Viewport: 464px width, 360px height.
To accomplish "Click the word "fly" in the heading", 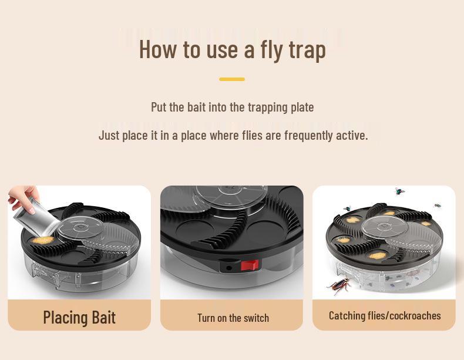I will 272,49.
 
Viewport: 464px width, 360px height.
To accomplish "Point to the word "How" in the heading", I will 157,49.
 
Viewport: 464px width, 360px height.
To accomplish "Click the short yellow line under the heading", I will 232,79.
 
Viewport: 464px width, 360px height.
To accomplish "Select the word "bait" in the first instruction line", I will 196,107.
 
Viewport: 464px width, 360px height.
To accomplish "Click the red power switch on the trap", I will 250,265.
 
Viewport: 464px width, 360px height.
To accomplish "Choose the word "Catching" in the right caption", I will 347,315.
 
